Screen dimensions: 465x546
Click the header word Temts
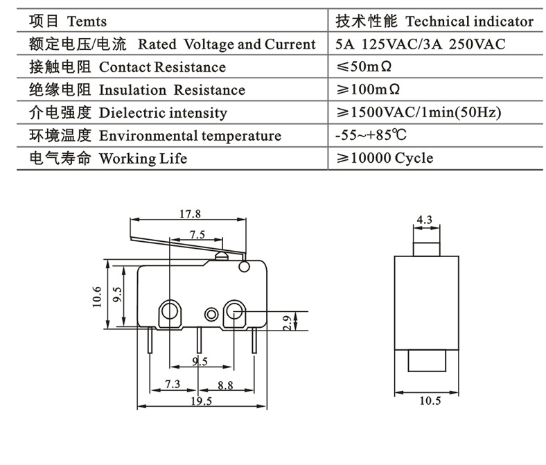click(87, 21)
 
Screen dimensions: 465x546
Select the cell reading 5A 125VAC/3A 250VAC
click(420, 44)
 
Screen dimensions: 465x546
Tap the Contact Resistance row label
click(163, 67)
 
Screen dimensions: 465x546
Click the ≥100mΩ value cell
click(371, 90)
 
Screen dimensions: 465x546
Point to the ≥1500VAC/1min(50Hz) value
click(419, 113)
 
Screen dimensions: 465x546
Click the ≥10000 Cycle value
click(385, 159)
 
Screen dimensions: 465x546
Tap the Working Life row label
click(143, 159)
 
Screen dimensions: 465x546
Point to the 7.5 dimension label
click(197, 234)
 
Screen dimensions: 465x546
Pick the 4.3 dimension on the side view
click(424, 220)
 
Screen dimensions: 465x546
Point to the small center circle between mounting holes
click(211, 313)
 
